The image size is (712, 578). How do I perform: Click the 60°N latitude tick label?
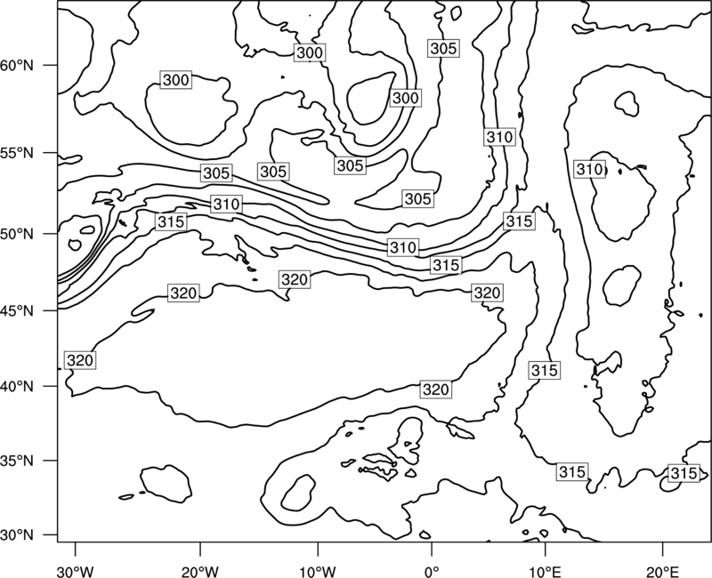(x=17, y=65)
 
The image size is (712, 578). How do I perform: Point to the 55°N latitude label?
(x=17, y=153)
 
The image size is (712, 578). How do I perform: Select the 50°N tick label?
(x=17, y=234)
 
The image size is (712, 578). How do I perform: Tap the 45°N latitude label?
(x=17, y=310)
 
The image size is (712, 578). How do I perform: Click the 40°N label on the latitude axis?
(x=17, y=387)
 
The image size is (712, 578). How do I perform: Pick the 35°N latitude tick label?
(x=17, y=461)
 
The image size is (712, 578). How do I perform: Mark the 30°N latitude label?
(x=17, y=535)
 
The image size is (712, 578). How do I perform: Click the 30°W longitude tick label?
(x=75, y=571)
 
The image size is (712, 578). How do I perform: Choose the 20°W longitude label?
(x=199, y=571)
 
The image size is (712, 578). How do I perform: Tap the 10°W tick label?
(x=317, y=571)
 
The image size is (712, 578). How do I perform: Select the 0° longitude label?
(x=432, y=571)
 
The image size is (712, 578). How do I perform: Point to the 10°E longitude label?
(x=545, y=571)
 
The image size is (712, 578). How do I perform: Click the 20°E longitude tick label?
(x=662, y=571)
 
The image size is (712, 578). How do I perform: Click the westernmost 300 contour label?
(x=175, y=80)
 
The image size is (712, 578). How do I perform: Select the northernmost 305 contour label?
(x=443, y=48)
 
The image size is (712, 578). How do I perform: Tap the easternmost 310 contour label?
(x=589, y=169)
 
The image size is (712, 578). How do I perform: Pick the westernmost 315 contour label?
(x=171, y=221)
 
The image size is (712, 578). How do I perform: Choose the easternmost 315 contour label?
(x=684, y=473)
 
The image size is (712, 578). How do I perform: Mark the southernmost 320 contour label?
(x=436, y=389)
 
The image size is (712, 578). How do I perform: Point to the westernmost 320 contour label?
(x=80, y=360)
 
